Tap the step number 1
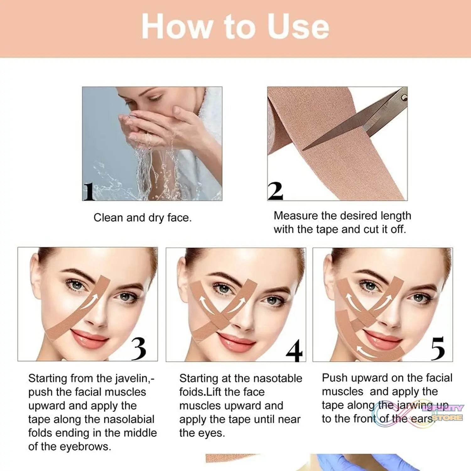[89, 192]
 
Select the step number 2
[275, 191]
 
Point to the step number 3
[138, 349]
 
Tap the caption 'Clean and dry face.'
[143, 218]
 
